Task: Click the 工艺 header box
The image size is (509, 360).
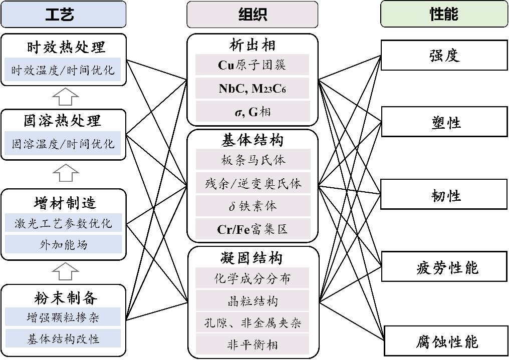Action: coord(63,14)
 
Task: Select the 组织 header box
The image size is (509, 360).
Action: coord(252,14)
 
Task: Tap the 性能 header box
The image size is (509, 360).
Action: coord(444,14)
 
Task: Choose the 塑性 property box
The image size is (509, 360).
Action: coord(444,123)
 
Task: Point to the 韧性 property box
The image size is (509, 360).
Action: coord(444,195)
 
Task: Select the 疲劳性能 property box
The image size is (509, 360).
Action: coord(444,267)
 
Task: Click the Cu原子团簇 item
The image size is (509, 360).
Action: coord(252,65)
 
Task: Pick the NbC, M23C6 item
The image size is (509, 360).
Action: coord(252,88)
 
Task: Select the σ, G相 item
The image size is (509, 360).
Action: coord(252,111)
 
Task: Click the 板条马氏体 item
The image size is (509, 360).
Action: coord(252,160)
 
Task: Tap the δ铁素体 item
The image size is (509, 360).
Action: coord(252,206)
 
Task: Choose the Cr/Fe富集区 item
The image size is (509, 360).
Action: coord(252,229)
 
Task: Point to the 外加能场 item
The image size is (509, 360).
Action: coord(63,244)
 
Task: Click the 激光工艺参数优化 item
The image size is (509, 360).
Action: coord(63,223)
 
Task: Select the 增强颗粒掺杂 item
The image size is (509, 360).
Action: coord(63,316)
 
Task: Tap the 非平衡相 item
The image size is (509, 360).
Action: coord(252,344)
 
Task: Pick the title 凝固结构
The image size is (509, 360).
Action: coord(252,257)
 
